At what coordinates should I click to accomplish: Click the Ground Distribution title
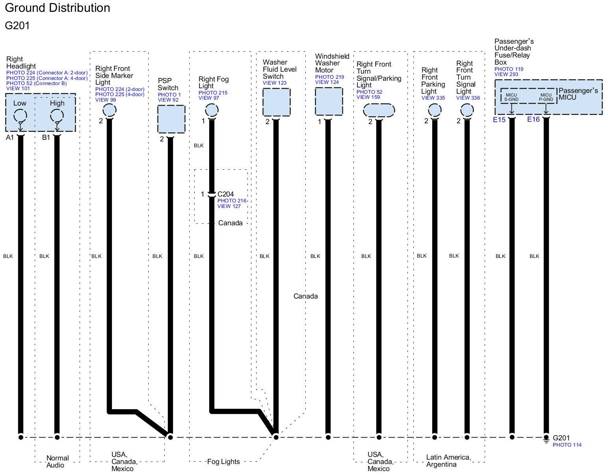coord(58,8)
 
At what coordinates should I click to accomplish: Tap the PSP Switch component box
coord(171,119)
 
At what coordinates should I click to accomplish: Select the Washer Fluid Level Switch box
coord(276,102)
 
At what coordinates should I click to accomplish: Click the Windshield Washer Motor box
coord(329,101)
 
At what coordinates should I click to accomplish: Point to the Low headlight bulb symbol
coord(20,116)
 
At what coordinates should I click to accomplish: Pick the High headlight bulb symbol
coord(57,116)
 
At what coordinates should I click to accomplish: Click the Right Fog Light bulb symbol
coord(212,110)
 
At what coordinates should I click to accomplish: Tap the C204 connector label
coord(225,194)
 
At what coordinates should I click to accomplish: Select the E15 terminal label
coord(499,119)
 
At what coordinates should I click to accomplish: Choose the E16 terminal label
coord(533,119)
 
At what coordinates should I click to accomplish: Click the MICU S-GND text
coord(511,97)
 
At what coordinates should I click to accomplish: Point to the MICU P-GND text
coord(546,97)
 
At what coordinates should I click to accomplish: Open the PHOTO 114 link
coord(567,445)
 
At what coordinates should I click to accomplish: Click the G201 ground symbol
coord(546,439)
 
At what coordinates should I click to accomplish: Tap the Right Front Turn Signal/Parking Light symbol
coord(379,110)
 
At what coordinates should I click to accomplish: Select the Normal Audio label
coord(58,462)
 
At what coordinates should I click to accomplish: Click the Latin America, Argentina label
coord(448,461)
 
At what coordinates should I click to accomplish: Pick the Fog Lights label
coord(223,462)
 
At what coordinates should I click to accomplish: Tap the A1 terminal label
coord(10,137)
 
